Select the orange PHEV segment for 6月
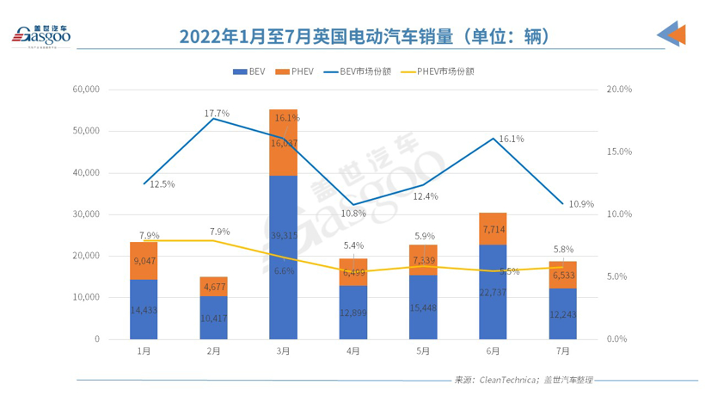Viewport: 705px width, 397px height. [x=493, y=228]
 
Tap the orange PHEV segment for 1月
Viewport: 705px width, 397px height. [x=144, y=260]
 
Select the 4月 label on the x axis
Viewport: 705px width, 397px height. [x=352, y=350]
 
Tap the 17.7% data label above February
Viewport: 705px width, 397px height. [x=217, y=114]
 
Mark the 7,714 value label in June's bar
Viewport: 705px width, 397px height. [x=493, y=229]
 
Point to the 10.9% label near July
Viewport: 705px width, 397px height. [x=581, y=204]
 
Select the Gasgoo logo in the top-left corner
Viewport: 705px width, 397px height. [x=41, y=35]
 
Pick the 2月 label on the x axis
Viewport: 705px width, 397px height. [x=213, y=350]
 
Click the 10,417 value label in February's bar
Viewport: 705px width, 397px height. [x=213, y=319]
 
